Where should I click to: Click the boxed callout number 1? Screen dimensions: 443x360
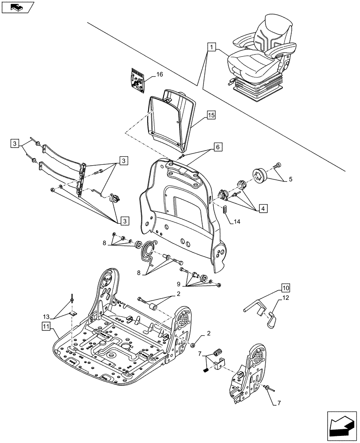pyautogui.click(x=211, y=46)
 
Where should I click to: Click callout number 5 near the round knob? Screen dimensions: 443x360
pyautogui.click(x=290, y=179)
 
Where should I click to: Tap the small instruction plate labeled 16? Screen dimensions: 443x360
pyautogui.click(x=138, y=81)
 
